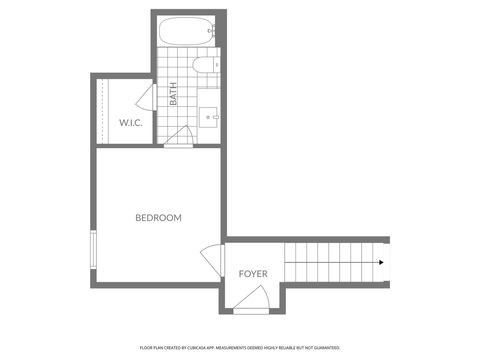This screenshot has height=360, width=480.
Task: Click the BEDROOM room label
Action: coord(158,217)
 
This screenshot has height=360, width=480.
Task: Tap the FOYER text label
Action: coord(253,273)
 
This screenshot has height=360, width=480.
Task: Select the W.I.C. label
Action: coord(130,123)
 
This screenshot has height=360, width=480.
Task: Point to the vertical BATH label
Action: coord(173,96)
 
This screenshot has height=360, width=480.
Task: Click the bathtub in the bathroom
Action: coord(187,31)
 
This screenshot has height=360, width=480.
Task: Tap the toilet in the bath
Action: coord(204,67)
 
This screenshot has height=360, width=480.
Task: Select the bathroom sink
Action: coord(210,117)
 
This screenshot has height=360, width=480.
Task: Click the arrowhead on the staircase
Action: coord(381,263)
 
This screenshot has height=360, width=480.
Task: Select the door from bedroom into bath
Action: coord(180,135)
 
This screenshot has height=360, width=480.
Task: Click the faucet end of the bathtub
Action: coord(211,31)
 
